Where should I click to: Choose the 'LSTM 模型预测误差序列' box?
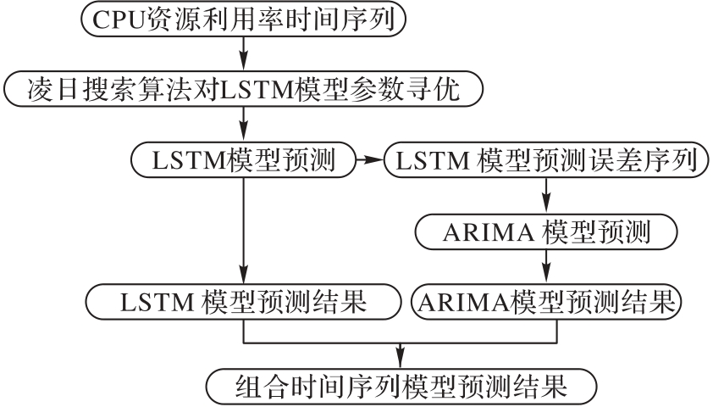pyautogui.click(x=545, y=159)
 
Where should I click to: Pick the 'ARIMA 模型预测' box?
pyautogui.click(x=545, y=230)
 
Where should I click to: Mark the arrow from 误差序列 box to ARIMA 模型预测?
pyautogui.click(x=545, y=195)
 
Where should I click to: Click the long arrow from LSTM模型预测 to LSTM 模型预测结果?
pyautogui.click(x=243, y=229)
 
